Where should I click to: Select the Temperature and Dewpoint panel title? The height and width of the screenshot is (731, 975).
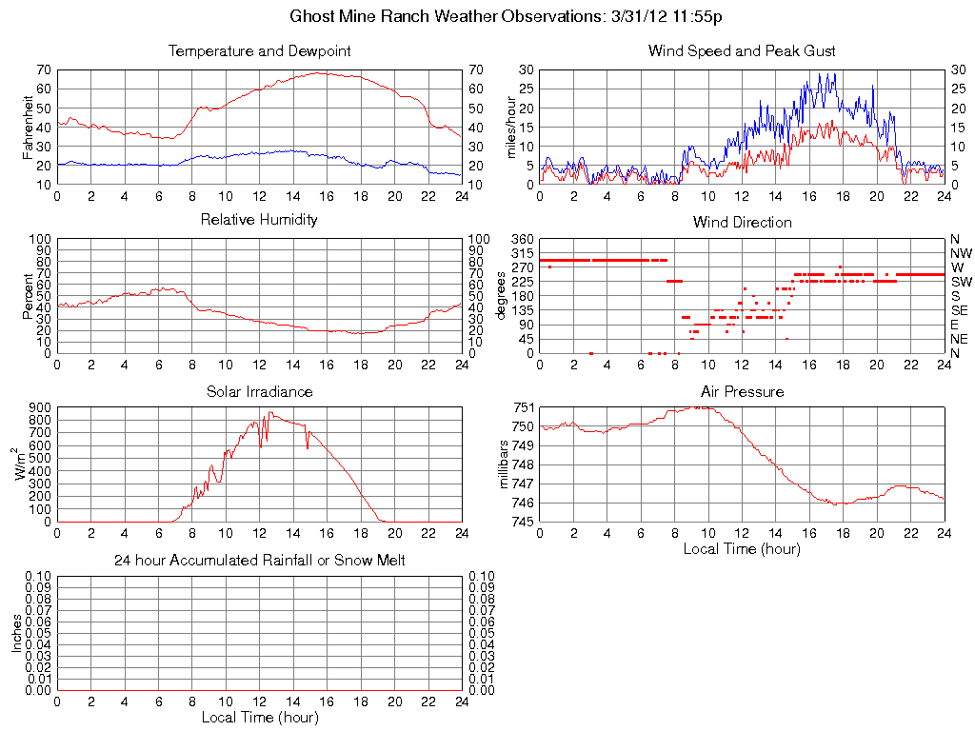(259, 50)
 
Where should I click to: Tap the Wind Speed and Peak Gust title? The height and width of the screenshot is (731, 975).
(742, 50)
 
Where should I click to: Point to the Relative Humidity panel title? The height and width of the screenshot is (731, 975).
(259, 220)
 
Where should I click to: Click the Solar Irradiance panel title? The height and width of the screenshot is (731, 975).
(259, 391)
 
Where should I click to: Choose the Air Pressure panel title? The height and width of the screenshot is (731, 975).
(742, 391)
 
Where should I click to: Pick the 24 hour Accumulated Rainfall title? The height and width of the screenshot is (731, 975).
(259, 561)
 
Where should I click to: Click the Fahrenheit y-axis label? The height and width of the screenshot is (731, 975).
(29, 127)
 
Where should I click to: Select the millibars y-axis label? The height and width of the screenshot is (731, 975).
(507, 464)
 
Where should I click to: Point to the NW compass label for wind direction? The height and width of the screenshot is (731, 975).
(961, 253)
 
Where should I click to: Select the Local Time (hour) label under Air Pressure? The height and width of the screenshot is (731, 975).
(742, 548)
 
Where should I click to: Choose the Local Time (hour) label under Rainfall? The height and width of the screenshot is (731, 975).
(259, 717)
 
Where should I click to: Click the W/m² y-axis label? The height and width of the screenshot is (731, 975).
(25, 464)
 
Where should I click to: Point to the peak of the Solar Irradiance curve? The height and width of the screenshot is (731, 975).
(270, 412)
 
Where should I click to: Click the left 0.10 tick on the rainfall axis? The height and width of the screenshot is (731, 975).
(38, 577)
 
